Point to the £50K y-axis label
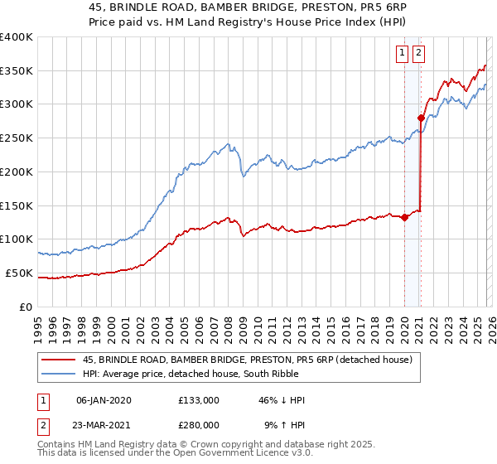19,273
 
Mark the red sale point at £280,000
422,118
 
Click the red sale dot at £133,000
404,217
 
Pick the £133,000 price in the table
199,400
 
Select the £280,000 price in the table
199,425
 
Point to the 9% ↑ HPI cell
284,425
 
